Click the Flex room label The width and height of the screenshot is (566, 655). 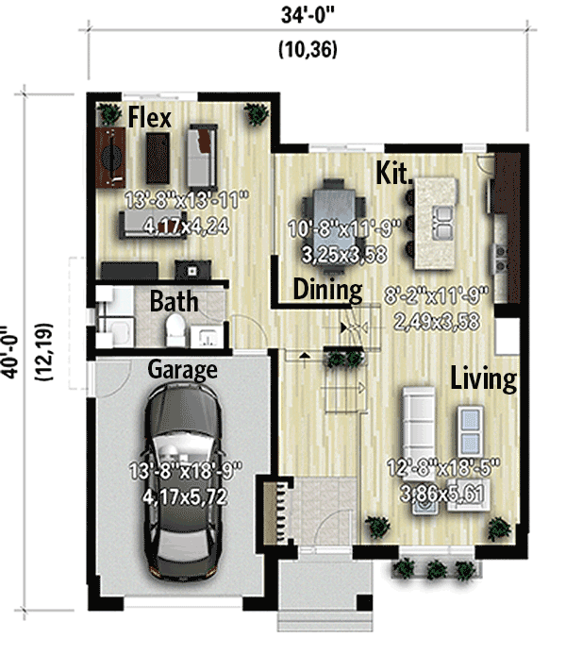[x=149, y=118]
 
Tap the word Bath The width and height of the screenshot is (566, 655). [x=175, y=301]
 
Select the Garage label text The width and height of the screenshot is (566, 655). [x=182, y=368]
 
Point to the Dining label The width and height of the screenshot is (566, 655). [x=327, y=289]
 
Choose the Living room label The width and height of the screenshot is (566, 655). [x=483, y=379]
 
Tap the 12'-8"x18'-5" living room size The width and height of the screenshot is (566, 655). [x=441, y=465]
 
